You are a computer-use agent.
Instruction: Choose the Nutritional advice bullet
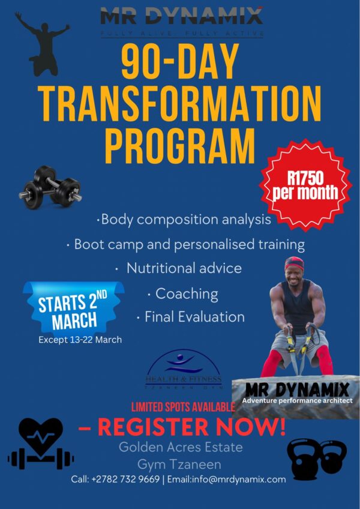tap(184, 268)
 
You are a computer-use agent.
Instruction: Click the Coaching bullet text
tap(186, 294)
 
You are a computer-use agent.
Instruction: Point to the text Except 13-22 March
tap(80, 340)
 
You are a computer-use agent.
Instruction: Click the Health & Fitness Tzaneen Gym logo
tap(184, 370)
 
